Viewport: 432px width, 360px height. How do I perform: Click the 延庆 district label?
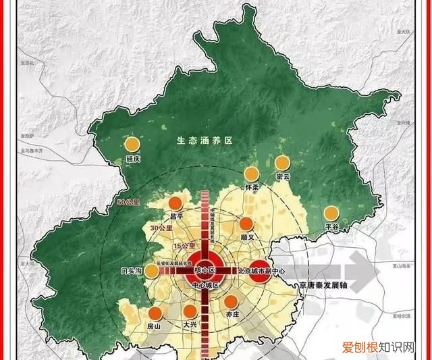coord(133,159)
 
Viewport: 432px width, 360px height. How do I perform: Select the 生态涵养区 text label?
coord(205,141)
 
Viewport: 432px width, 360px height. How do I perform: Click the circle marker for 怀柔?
coord(252,174)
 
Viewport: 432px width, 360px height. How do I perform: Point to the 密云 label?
coord(283,177)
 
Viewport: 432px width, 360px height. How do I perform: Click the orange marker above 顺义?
coord(246,224)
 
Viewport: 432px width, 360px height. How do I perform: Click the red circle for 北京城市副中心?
coord(259,267)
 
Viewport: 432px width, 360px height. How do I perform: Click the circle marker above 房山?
coord(155,313)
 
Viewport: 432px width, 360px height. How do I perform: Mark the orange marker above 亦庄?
coord(232,302)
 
